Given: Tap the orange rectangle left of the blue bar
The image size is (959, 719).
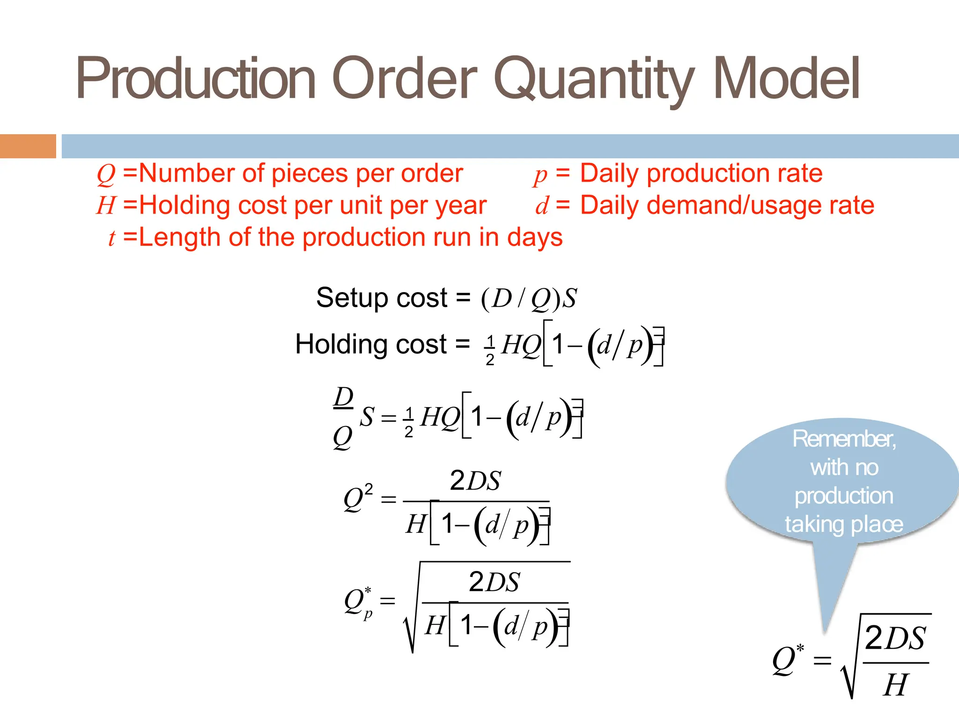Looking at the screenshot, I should (x=28, y=146).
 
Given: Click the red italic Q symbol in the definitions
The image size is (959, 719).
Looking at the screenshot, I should (x=106, y=174).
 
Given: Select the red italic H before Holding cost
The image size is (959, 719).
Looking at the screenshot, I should (x=106, y=205).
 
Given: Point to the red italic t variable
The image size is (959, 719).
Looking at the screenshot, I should (x=111, y=238).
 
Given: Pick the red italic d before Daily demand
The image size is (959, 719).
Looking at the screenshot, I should (x=541, y=206).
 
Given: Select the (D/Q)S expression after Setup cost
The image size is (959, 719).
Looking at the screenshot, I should (x=529, y=298).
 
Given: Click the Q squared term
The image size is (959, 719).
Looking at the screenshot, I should (x=358, y=498).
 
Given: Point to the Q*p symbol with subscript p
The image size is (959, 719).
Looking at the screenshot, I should (x=358, y=602).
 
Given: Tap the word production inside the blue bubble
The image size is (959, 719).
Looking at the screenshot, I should (x=844, y=496).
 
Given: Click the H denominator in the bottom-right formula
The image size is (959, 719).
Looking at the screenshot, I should (x=895, y=685).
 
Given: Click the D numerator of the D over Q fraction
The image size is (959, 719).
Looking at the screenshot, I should (x=343, y=398).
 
